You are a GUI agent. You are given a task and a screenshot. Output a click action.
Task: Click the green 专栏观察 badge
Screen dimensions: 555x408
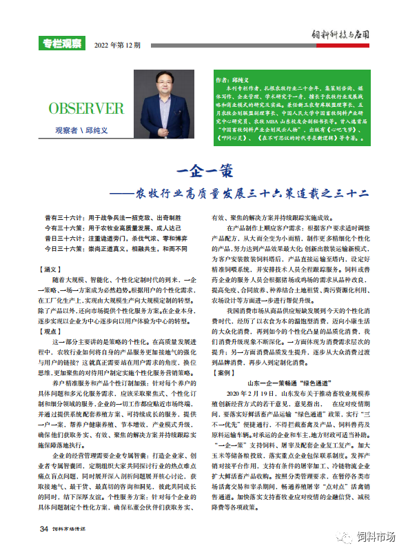tap(61, 44)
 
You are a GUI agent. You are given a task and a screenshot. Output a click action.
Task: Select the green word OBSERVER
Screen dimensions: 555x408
tap(86, 108)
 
